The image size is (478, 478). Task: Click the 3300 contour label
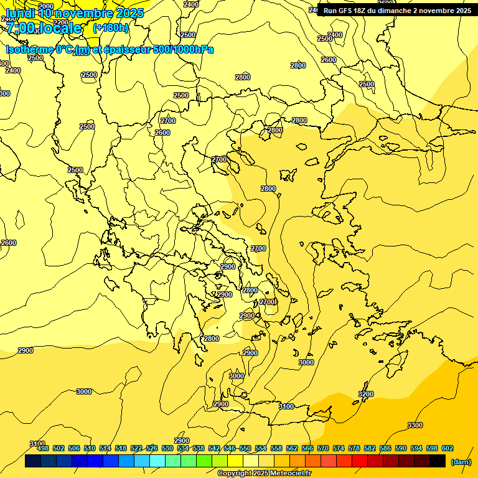[415, 425]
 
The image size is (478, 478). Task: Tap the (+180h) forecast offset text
[110, 27]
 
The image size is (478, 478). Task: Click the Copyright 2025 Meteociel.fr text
[264, 474]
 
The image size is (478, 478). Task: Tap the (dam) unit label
[461, 462]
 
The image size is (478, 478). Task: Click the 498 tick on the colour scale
[43, 448]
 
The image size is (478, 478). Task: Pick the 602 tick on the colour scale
[447, 448]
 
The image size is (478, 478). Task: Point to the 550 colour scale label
[245, 448]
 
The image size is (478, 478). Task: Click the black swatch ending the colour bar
[438, 461]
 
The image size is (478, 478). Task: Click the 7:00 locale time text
[44, 28]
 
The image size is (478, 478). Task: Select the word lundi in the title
[20, 12]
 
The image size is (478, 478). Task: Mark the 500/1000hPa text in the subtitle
[187, 49]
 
